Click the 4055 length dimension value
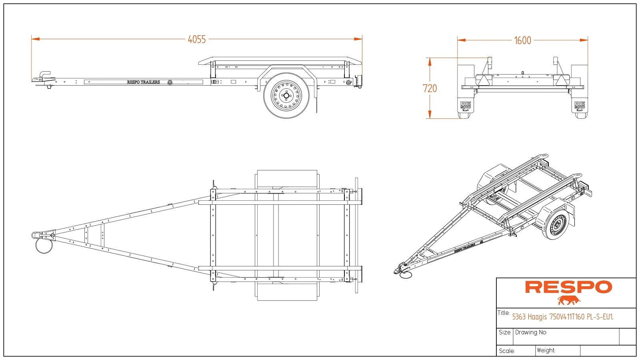(x=197, y=39)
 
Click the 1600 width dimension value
(x=522, y=40)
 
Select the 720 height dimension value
(x=430, y=88)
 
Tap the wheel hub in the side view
(x=286, y=95)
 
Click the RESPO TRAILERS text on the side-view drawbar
(x=143, y=82)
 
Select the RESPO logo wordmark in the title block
(x=568, y=287)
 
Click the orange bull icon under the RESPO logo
(x=568, y=300)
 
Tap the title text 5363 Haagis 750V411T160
(x=562, y=317)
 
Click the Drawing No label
(x=531, y=332)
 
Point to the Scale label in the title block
(x=506, y=351)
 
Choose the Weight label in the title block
(x=546, y=350)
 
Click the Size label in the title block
(x=504, y=332)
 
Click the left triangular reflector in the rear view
(x=484, y=80)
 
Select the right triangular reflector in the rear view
(x=561, y=80)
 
